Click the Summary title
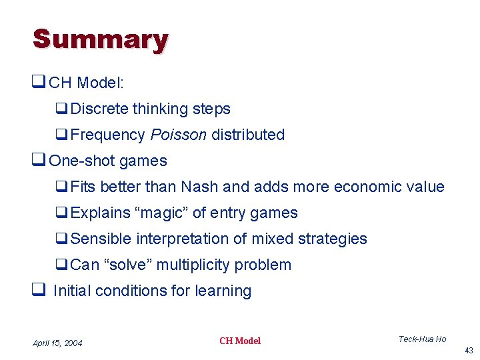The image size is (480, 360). pyautogui.click(x=100, y=40)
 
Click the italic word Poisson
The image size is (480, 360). pyautogui.click(x=178, y=135)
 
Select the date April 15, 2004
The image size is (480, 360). pyautogui.click(x=57, y=343)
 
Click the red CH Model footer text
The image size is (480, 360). pyautogui.click(x=240, y=341)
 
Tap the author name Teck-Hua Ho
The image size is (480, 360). pyautogui.click(x=422, y=339)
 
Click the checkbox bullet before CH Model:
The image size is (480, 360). pyautogui.click(x=39, y=83)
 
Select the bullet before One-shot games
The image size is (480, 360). pyautogui.click(x=39, y=161)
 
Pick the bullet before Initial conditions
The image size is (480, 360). pyautogui.click(x=39, y=291)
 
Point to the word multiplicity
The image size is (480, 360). pyautogui.click(x=198, y=265)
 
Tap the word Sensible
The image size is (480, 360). pyautogui.click(x=101, y=239)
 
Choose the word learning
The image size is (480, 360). pyautogui.click(x=223, y=291)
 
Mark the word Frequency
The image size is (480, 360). pyautogui.click(x=107, y=135)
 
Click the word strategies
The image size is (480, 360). pyautogui.click(x=334, y=239)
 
